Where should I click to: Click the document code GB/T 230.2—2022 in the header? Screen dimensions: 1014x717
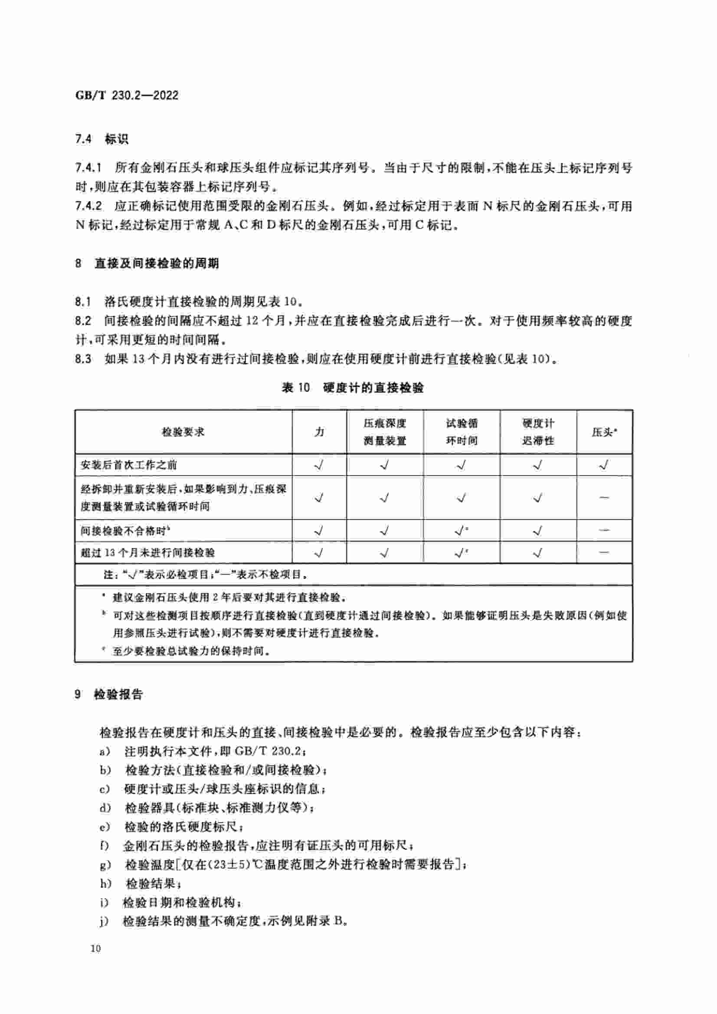[x=127, y=95]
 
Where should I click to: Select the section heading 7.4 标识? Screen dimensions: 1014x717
[x=101, y=140]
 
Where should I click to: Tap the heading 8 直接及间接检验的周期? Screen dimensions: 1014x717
[x=147, y=264]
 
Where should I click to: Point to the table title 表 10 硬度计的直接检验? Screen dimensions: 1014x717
[x=353, y=388]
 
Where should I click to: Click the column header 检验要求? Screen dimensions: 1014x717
[x=183, y=432]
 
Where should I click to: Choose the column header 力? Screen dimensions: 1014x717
[x=319, y=432]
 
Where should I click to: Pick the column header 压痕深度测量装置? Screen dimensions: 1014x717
[x=384, y=432]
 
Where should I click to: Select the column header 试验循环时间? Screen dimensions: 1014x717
[x=461, y=432]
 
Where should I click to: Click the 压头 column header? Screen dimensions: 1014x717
[x=603, y=432]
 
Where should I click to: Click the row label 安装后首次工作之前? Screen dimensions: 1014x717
[x=128, y=465]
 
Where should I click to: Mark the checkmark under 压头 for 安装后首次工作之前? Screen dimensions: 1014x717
[x=603, y=465]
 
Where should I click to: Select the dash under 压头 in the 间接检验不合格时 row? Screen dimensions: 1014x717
[x=603, y=530]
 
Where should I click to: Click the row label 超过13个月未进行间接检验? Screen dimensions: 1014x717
[x=147, y=552]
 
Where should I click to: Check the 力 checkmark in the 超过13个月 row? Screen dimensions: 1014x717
[x=319, y=552]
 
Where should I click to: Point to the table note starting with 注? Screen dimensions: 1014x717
[x=206, y=574]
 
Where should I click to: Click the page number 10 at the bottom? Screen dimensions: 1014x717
[x=95, y=949]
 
